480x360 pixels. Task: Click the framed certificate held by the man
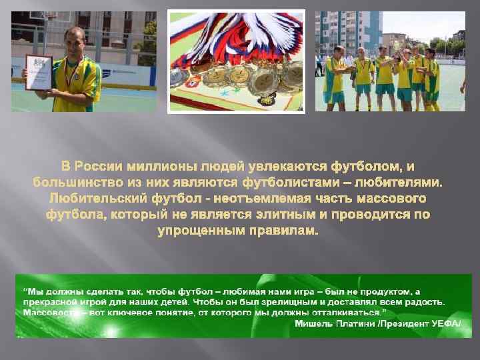38,72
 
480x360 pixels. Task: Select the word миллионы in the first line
175,165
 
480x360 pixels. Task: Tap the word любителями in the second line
404,181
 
